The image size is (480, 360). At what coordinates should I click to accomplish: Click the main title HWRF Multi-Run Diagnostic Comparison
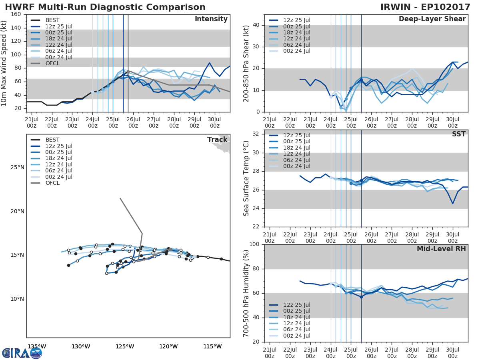coord(105,7)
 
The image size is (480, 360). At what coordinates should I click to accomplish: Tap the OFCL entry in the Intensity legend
coord(52,64)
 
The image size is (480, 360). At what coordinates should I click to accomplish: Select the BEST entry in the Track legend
coord(52,140)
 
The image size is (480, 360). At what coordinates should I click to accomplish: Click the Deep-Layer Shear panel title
coord(432,19)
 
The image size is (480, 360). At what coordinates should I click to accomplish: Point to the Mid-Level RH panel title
coord(441,249)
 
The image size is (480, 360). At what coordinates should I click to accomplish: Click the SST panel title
coord(459,134)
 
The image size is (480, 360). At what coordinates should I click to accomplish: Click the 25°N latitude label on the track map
coord(17,167)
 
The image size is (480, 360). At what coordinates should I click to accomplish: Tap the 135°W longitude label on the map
coord(36,346)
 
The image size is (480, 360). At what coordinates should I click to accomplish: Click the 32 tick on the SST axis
coord(256,134)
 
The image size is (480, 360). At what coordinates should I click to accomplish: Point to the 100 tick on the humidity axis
coord(254,244)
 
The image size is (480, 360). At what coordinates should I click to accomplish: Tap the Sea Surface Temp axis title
coord(246,178)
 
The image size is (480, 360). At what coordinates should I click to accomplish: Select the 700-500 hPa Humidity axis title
coord(246,293)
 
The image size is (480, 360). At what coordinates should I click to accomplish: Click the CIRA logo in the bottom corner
coord(22,352)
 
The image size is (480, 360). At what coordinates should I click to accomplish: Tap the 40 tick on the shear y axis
coord(256,25)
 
